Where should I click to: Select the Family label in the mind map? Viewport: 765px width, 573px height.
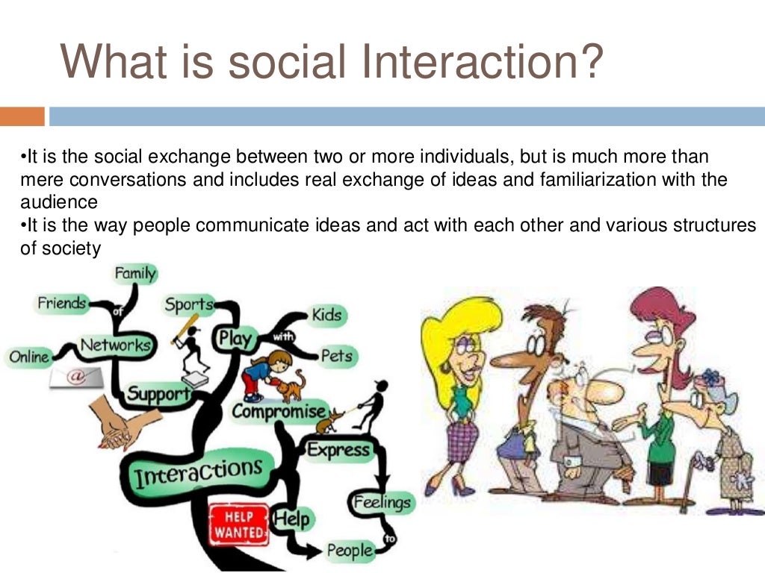(135, 274)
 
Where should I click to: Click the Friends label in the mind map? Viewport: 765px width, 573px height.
(62, 303)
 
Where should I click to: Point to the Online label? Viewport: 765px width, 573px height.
(29, 357)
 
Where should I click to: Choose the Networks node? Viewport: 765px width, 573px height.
(115, 345)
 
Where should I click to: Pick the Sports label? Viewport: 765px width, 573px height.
(189, 304)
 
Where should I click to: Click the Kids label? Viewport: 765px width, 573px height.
(326, 315)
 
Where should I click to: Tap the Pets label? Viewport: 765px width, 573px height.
(335, 356)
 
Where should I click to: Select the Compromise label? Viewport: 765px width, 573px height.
(279, 411)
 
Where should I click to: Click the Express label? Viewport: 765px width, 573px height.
(338, 449)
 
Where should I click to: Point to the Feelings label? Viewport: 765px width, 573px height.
(382, 501)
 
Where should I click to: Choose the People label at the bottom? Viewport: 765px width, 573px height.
(349, 551)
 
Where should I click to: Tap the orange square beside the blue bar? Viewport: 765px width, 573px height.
(22, 116)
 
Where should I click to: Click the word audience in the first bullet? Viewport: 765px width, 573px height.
(59, 202)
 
